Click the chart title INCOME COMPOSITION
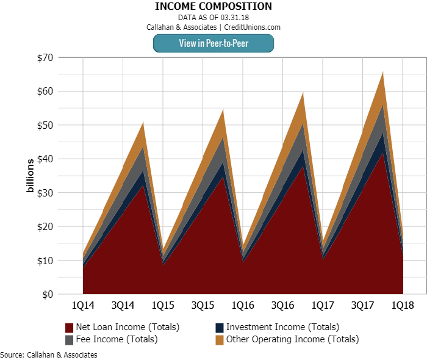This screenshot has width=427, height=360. coord(213,7)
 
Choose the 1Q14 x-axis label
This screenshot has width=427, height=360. coord(82,304)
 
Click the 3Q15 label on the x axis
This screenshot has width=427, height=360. coord(202,304)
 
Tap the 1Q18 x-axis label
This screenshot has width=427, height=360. coord(403,304)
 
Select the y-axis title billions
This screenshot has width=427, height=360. coord(29,176)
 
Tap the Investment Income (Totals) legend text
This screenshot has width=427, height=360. coord(282,327)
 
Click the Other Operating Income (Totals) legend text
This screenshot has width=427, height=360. coord(292,339)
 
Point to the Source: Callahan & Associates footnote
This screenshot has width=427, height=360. coord(49,355)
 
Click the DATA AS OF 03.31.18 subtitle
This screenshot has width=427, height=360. coord(213,18)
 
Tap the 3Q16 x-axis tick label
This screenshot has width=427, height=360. coord(282,304)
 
